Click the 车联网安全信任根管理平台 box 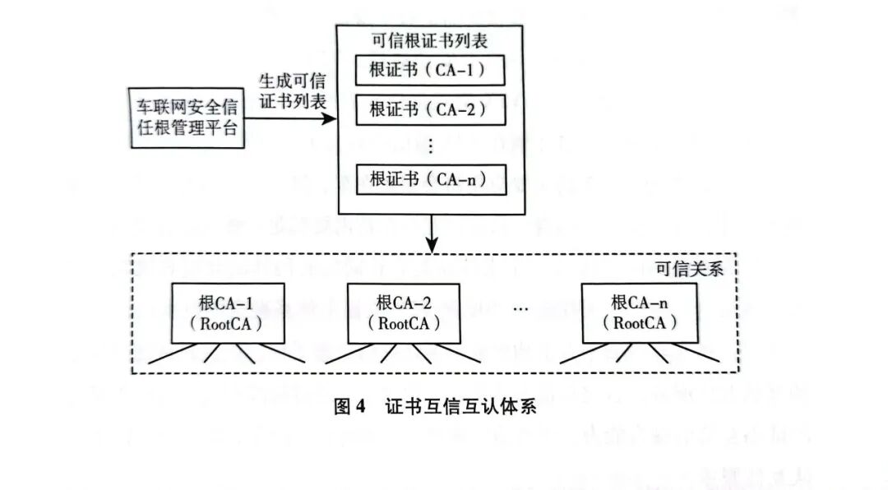(x=187, y=118)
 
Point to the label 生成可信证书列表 (x=293, y=92)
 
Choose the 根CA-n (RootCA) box (x=639, y=313)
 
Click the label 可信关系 (x=688, y=270)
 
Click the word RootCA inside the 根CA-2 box (x=405, y=323)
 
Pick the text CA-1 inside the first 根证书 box (x=456, y=72)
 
